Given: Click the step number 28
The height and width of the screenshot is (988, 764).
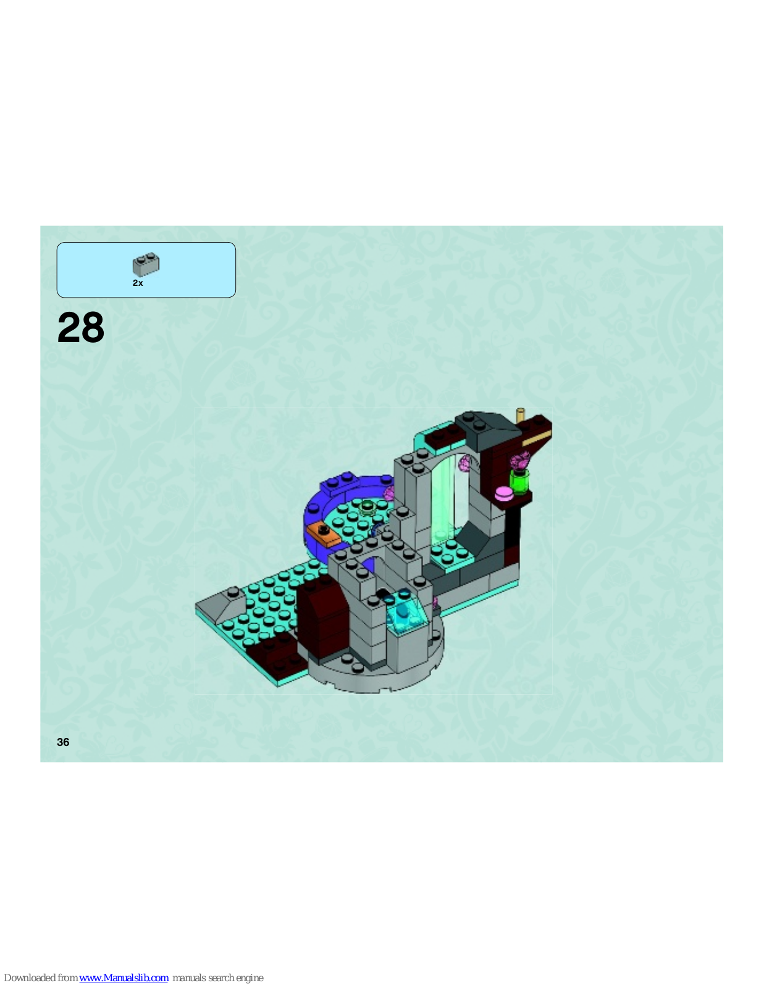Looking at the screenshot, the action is (81, 327).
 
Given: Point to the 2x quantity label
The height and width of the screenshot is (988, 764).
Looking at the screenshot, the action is (138, 283).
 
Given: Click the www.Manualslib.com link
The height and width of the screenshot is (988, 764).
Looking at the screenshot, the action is (124, 978).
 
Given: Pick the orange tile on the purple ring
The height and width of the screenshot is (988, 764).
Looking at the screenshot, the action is (324, 534).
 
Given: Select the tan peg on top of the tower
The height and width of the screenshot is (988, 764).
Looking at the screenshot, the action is (520, 416).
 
